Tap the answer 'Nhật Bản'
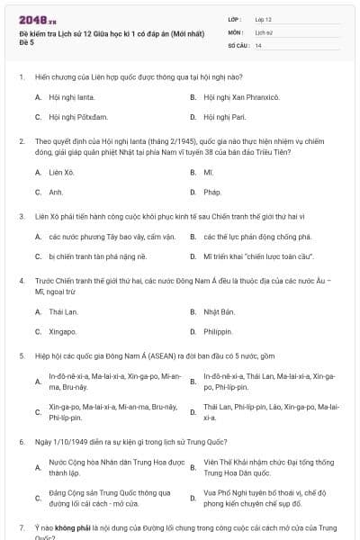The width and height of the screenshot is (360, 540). (219, 311)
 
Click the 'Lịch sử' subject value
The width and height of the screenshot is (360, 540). (264, 31)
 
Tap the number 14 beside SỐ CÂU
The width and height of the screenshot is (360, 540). (258, 45)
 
